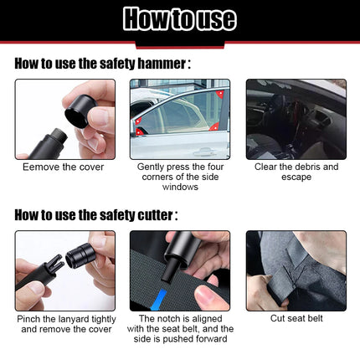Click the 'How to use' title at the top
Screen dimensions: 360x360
179,18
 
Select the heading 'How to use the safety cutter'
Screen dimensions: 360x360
95,214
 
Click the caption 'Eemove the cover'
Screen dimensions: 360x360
64,167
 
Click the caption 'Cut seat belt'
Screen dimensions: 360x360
296,319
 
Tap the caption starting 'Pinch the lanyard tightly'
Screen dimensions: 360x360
64,324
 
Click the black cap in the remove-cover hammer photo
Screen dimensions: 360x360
80,108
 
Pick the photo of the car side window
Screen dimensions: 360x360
180,119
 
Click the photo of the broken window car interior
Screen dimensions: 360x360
296,119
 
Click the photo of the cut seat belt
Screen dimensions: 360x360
296,270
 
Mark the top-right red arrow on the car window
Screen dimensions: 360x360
220,94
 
